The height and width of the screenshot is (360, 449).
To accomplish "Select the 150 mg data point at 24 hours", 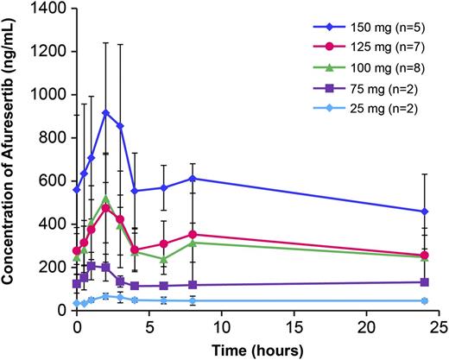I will pyautogui.click(x=423, y=212).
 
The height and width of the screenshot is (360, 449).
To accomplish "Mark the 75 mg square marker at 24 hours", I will pyautogui.click(x=423, y=282).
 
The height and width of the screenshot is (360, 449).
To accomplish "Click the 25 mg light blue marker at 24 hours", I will pyautogui.click(x=423, y=300).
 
